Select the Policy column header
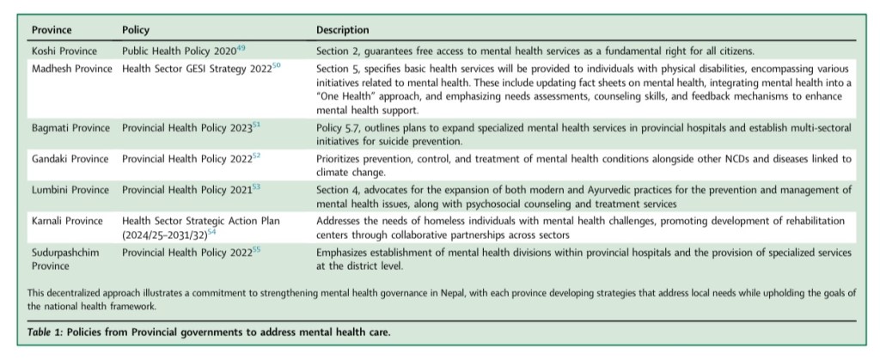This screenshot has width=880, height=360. tap(136, 31)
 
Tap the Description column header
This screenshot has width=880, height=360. tap(343, 31)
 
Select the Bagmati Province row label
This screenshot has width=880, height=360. tap(71, 128)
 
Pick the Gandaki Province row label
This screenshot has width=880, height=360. tap(70, 159)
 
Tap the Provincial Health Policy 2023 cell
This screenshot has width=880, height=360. tap(186, 128)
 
